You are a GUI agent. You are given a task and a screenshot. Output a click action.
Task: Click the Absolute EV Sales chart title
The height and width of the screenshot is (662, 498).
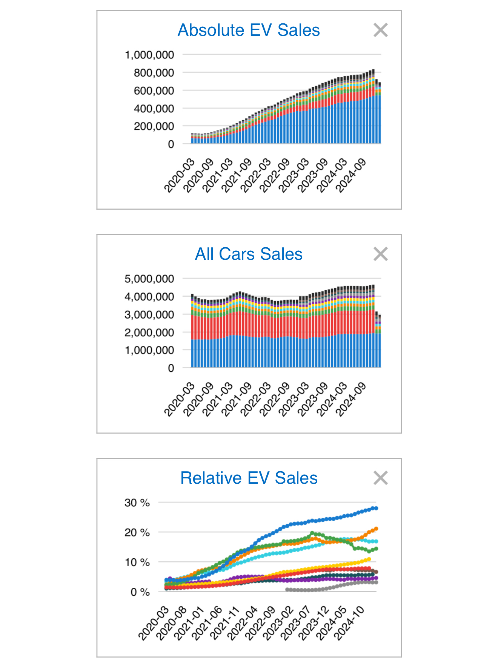click(249, 30)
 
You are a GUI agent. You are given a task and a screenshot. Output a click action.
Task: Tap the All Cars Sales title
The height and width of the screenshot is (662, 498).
click(249, 254)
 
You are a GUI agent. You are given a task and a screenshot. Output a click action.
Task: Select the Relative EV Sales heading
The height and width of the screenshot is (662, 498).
click(249, 478)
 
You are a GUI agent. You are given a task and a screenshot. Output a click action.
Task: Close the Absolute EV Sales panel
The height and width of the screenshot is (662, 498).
click(381, 30)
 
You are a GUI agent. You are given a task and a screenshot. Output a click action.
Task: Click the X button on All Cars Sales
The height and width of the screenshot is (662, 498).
click(381, 254)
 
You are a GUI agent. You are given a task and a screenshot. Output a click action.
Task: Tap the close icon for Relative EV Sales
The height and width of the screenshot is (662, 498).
click(381, 478)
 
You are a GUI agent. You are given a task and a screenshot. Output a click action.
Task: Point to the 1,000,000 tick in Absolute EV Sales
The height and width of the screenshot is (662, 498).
click(149, 55)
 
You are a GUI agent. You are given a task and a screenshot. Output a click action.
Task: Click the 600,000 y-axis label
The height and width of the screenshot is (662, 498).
click(154, 91)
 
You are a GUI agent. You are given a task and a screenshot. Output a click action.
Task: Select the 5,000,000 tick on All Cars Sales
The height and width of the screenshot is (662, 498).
click(149, 279)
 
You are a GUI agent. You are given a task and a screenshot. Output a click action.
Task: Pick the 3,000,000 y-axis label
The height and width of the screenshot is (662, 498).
click(149, 315)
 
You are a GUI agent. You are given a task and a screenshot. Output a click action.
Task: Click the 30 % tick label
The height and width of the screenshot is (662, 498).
click(137, 503)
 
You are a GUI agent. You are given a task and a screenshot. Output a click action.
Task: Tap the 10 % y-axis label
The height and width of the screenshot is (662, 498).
click(137, 562)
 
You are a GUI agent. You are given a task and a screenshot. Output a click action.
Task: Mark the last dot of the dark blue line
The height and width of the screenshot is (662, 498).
click(376, 508)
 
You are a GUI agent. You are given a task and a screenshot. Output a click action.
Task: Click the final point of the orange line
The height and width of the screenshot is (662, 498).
click(376, 529)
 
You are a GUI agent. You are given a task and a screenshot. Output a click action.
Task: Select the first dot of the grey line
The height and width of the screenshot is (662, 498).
click(287, 590)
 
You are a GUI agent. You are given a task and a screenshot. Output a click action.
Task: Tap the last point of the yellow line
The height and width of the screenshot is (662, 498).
click(369, 559)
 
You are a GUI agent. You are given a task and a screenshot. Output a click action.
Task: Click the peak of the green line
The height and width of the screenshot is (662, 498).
click(312, 533)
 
